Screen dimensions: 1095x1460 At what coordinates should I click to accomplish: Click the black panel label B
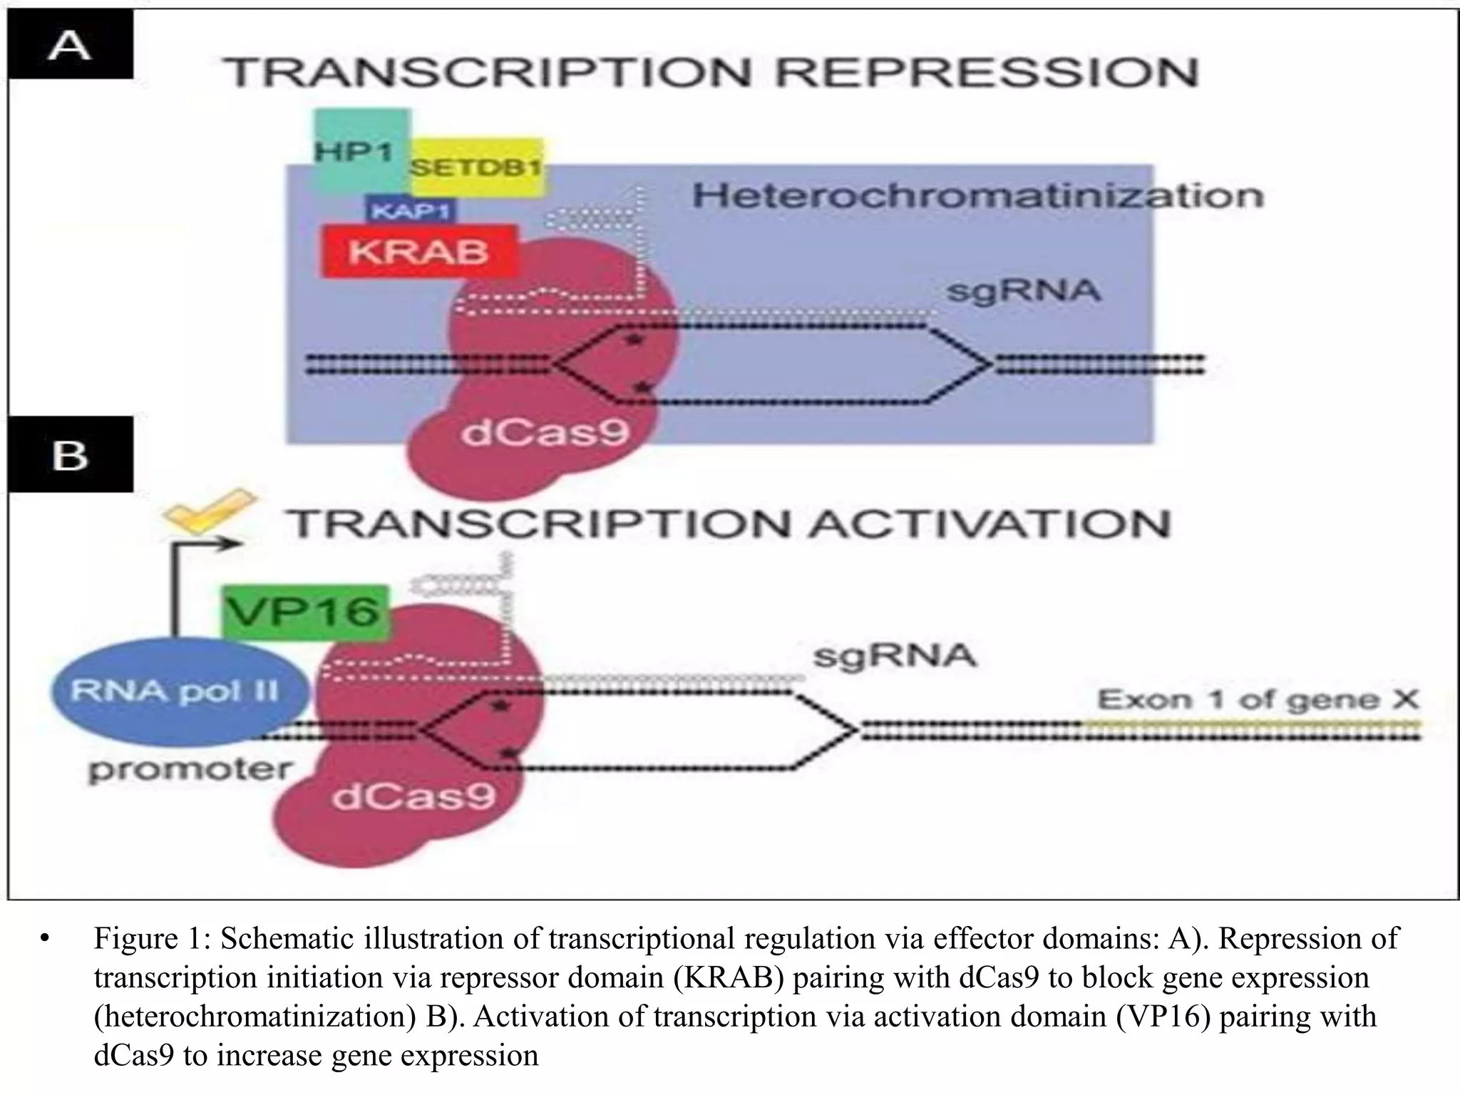(70, 455)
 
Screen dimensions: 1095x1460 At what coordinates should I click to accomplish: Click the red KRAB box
(418, 252)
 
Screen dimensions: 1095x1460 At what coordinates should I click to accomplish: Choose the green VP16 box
(305, 612)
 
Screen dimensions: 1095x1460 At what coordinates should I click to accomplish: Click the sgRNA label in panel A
(1023, 291)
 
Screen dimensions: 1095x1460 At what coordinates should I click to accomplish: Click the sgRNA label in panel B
(895, 655)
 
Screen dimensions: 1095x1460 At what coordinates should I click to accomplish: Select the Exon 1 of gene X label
(1258, 700)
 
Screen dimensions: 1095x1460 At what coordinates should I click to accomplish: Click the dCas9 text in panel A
(545, 431)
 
